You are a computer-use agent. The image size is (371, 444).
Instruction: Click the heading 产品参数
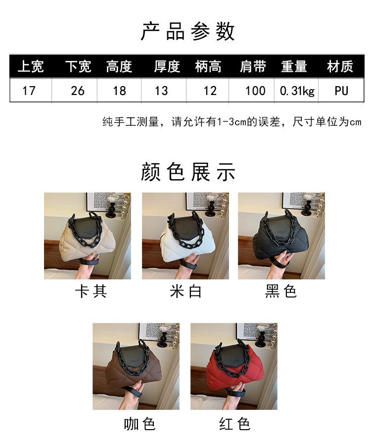point(187,31)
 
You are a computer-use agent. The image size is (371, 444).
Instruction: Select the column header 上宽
point(30,67)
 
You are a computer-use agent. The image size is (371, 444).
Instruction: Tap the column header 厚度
point(166,67)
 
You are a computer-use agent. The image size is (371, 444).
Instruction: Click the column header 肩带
point(253,67)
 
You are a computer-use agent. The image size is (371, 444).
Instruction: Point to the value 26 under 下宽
point(78,91)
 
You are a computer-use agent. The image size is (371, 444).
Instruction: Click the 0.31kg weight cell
point(297,91)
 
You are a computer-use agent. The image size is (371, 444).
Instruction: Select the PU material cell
point(341,91)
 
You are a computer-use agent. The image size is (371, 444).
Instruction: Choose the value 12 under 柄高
point(210,91)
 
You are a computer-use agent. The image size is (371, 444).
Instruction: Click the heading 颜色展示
point(187,172)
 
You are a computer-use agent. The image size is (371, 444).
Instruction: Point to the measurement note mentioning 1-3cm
point(232,122)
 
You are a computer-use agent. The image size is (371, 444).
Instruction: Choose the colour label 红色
point(234,424)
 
